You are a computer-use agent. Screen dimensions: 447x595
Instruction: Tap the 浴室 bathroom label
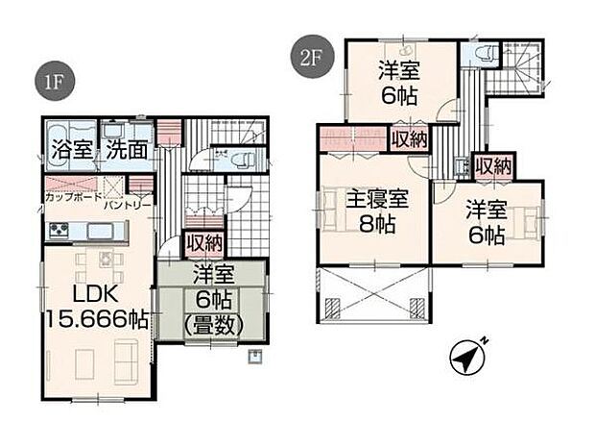70,150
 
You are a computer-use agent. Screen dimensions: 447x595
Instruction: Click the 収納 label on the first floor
203,243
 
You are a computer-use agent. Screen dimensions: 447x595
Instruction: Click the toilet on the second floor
479,52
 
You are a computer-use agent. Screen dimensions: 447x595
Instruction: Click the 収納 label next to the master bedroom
408,139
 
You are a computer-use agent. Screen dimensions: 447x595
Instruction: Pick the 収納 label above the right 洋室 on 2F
493,167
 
